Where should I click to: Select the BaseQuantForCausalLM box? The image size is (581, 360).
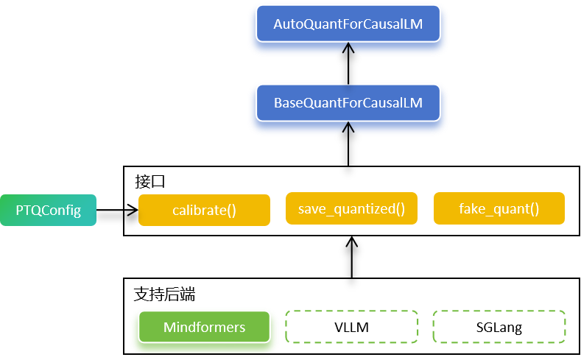(x=348, y=103)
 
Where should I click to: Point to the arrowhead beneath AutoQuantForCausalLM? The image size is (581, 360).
(x=348, y=52)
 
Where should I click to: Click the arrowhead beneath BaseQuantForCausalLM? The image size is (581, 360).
(x=348, y=130)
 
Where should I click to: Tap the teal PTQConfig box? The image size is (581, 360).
(x=48, y=211)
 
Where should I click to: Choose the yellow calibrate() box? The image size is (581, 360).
(x=204, y=211)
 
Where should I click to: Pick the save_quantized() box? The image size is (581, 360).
(x=351, y=209)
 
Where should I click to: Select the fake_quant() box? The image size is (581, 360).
(x=499, y=209)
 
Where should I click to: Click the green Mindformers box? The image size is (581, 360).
(x=204, y=327)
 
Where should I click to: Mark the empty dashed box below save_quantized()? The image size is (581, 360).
(x=351, y=327)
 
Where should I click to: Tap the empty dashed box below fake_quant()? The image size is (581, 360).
(x=499, y=327)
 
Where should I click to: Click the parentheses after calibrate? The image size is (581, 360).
(x=231, y=211)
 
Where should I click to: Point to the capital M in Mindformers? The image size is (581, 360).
(x=169, y=327)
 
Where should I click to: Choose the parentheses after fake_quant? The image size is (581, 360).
(x=534, y=209)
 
